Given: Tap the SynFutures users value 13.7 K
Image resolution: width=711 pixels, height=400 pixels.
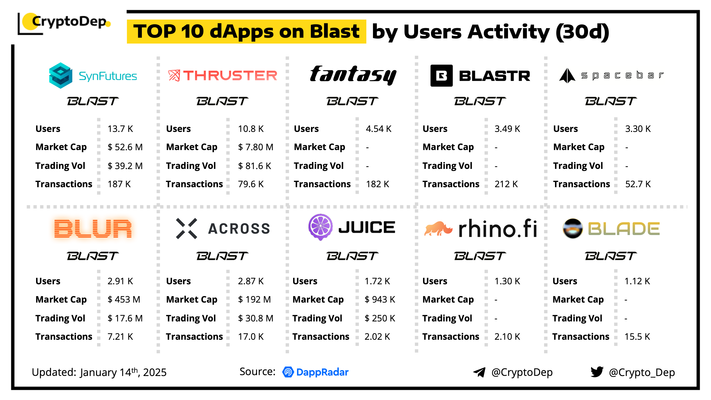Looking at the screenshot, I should (120, 129).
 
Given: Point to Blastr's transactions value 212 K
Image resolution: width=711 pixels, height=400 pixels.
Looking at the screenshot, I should (506, 184).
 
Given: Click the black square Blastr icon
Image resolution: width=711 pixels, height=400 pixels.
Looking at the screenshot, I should (441, 76).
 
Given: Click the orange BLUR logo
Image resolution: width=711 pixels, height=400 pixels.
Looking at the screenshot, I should (93, 229).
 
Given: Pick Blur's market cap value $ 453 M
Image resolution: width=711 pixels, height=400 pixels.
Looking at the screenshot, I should (124, 300).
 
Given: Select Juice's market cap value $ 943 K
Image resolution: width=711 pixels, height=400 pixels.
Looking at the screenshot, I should (380, 300).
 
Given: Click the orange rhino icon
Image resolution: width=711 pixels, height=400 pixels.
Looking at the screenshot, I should (438, 229).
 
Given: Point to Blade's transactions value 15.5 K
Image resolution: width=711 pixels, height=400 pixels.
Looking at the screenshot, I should (637, 337).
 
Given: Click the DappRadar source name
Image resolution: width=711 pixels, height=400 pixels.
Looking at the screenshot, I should (322, 372).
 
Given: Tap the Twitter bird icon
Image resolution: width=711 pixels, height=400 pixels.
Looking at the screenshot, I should (597, 372).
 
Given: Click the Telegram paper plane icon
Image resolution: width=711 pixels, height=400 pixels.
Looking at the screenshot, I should (479, 372).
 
